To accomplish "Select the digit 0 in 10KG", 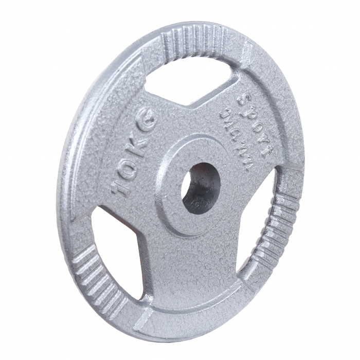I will click(127, 166).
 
